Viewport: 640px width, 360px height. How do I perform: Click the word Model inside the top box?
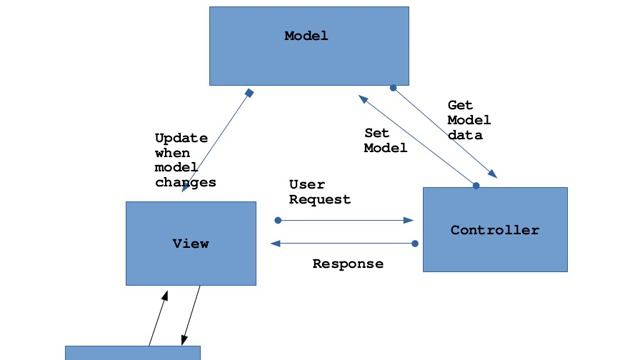pos(306,37)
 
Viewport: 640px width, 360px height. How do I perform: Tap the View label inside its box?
pos(190,243)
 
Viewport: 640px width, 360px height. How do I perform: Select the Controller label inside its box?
pos(494,230)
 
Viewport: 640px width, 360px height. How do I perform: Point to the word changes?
pos(185,183)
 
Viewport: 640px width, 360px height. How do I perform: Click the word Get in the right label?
pos(460,105)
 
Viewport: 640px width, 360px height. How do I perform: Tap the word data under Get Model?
pos(464,135)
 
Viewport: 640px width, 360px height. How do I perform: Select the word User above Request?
pos(306,185)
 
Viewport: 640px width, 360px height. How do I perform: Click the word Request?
pos(320,199)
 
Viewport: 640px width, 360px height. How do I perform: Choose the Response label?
pos(347,264)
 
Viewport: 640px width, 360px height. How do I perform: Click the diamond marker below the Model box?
pos(249,93)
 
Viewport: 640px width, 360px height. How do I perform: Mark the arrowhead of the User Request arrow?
pos(409,220)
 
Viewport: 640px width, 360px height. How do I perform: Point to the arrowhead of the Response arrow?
pos(275,243)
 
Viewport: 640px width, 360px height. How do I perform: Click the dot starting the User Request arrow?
pos(276,220)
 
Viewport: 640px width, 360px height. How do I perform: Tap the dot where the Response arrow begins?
pos(416,243)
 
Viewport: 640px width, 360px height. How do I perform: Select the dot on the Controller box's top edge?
pos(476,185)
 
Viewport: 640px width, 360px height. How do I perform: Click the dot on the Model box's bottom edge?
pos(393,87)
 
